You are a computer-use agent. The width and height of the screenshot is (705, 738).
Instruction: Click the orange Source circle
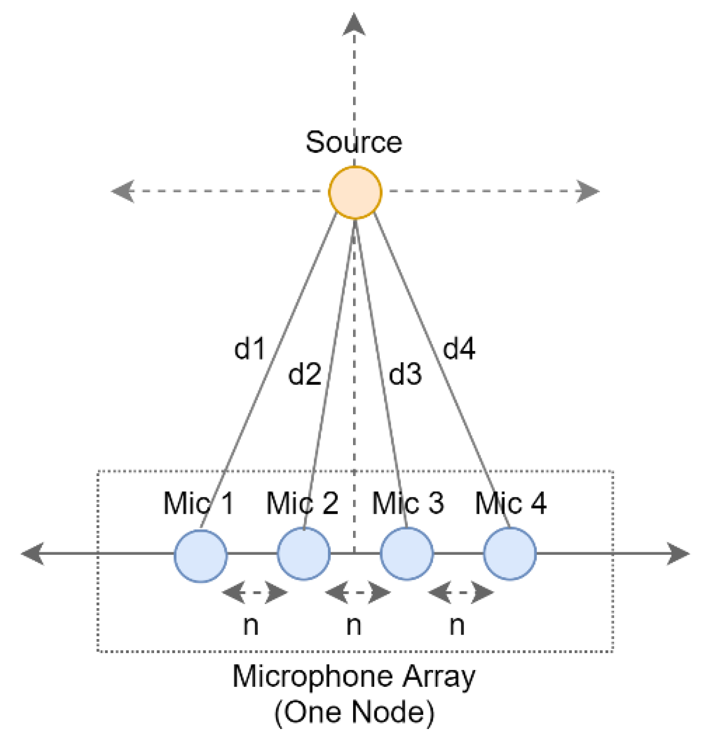point(355,193)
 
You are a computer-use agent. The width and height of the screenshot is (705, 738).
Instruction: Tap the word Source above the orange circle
point(354,142)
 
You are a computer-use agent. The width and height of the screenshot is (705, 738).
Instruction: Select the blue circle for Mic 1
point(201,556)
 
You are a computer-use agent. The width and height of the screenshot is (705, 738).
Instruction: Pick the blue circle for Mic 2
point(304,553)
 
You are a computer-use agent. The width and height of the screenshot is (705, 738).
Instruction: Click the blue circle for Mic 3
point(407,553)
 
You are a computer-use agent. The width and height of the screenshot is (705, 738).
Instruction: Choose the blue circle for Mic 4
point(510,553)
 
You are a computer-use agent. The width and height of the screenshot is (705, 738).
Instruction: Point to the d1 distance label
point(249,348)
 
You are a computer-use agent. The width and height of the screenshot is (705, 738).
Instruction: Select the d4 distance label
point(459,348)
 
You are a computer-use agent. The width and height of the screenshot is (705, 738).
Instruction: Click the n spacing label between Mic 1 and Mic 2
point(251,626)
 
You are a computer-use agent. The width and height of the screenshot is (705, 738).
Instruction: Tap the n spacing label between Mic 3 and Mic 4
point(457,626)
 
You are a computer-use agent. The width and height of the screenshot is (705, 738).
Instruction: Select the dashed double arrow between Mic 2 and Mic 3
point(357,593)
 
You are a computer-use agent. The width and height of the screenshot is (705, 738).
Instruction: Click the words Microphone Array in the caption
point(354,676)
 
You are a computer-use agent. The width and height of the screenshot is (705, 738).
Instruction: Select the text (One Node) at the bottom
point(354,712)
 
